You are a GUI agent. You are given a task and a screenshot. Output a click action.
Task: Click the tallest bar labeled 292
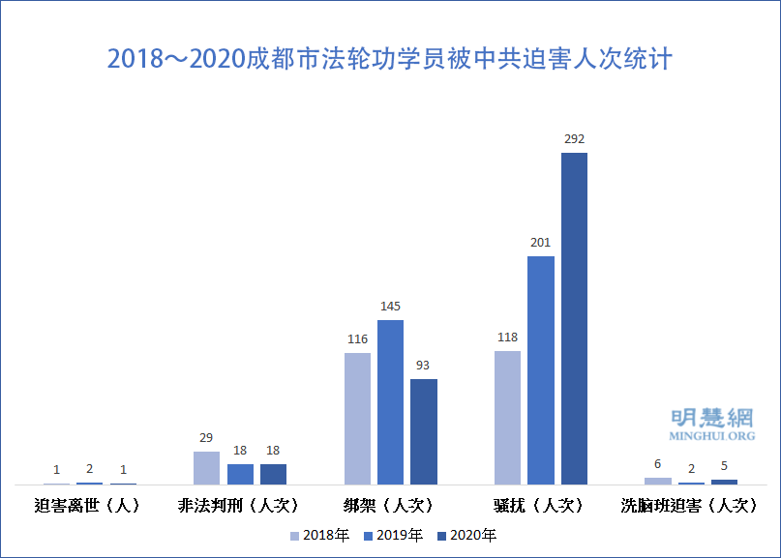pos(574,318)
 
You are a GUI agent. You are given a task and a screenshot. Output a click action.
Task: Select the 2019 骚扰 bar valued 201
pos(541,369)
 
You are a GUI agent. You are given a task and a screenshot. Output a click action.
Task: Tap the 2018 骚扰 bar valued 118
pos(507,417)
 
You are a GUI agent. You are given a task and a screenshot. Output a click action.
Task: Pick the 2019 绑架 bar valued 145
pos(390,401)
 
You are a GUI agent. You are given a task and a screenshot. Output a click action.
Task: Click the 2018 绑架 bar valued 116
pos(357,418)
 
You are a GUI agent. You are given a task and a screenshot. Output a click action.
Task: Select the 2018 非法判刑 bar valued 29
pos(206,467)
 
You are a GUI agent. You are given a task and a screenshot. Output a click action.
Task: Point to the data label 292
pos(574,139)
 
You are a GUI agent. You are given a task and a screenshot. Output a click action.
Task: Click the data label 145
pos(390,307)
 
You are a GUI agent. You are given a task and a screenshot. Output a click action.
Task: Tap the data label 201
pos(540,243)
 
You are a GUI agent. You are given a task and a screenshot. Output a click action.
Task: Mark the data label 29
pos(206,438)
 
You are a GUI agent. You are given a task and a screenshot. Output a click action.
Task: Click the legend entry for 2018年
pos(319,535)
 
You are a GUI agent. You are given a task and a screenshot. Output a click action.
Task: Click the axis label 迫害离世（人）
pos(87,505)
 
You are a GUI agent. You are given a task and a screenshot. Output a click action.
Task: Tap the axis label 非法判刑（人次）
pos(239,505)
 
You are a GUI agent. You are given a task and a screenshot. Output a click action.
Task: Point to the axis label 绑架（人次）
pos(389,505)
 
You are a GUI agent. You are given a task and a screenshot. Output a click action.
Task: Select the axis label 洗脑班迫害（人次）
pos(689,505)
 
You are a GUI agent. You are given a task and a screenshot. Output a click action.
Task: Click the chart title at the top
pos(390,59)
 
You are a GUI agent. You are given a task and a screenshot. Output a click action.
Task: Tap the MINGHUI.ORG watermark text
pos(711,436)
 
